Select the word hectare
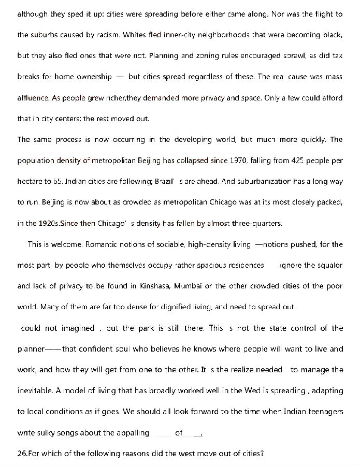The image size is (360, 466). (31, 182)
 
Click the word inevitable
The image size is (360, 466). (34, 390)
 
